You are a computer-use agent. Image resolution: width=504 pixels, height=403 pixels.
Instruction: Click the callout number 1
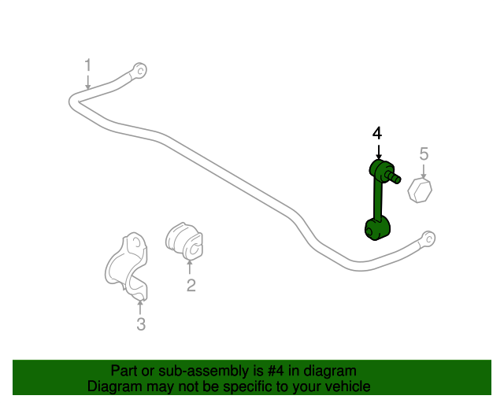[x=87, y=65]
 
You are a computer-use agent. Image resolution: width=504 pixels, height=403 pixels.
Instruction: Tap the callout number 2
[x=191, y=285]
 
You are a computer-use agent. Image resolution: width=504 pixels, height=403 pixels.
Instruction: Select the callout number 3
[x=141, y=324]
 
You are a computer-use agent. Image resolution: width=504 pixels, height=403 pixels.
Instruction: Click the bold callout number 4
[x=377, y=133]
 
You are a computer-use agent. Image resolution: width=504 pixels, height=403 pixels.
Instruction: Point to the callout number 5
[x=424, y=153]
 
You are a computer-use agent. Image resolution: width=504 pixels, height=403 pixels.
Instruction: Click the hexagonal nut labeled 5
[x=420, y=191]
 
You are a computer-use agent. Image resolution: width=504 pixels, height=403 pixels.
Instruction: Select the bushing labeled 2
[x=184, y=241]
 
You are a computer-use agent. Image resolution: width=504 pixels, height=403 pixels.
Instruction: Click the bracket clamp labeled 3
[x=127, y=266]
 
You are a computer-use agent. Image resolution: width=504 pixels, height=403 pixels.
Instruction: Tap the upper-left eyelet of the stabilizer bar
[x=140, y=70]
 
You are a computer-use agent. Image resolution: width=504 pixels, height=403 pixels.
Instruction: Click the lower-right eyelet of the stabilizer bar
[x=428, y=238]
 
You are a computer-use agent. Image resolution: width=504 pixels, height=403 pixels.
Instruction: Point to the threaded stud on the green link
[x=393, y=176]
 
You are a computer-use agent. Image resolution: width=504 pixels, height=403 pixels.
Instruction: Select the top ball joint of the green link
[x=381, y=168]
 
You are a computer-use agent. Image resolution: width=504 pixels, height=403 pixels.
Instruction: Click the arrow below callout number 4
[x=379, y=152]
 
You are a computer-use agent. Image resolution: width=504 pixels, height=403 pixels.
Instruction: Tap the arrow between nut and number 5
[x=424, y=172]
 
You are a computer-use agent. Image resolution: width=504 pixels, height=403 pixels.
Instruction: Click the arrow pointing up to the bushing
[x=190, y=268]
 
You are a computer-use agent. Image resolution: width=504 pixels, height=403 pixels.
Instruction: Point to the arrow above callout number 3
[x=140, y=307]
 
